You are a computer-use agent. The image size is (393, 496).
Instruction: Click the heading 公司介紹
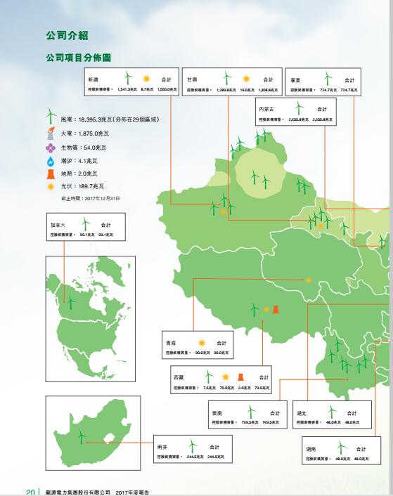point(67,34)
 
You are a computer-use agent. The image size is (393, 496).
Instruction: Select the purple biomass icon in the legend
point(51,148)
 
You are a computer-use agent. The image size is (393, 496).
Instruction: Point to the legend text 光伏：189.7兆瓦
point(82,187)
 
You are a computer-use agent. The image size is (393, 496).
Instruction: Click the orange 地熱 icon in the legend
point(51,174)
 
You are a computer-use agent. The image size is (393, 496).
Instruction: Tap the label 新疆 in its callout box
point(94,80)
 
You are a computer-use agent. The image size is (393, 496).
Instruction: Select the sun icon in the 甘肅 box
point(246,79)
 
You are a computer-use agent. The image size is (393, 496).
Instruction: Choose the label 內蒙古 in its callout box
point(266,110)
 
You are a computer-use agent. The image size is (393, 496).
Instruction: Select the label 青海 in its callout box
point(170,343)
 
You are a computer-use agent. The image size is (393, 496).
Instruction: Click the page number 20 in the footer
point(31,491)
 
